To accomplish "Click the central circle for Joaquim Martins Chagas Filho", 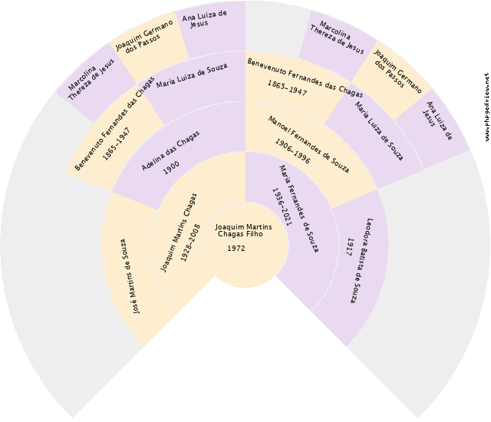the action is coord(245,245).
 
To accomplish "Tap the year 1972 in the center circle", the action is coord(236,249).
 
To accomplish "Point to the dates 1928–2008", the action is coord(190,242).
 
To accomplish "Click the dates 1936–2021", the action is coord(282,206).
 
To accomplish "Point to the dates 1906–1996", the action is coord(292,151).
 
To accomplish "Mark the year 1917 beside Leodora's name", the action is coord(350,247).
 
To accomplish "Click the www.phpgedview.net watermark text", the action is coord(486,107).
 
